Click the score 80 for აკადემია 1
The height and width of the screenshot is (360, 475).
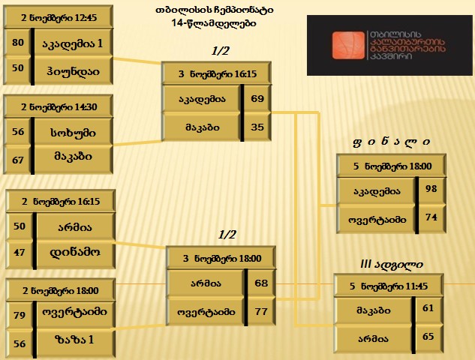click(18, 42)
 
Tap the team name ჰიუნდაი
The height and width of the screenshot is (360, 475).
click(73, 71)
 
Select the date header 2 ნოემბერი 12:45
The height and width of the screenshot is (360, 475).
click(59, 17)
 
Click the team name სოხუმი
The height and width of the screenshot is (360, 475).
click(73, 133)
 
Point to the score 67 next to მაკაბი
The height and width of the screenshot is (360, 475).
click(18, 160)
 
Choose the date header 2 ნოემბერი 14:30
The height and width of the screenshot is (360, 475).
click(59, 107)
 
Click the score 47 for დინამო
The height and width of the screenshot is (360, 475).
click(19, 252)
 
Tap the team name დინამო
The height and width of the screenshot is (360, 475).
click(75, 252)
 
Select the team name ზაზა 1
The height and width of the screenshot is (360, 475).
click(74, 340)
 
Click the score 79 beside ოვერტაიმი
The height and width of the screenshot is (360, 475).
click(19, 315)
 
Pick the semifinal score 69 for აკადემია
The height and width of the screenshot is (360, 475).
click(257, 98)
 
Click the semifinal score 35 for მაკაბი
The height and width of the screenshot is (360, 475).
click(257, 127)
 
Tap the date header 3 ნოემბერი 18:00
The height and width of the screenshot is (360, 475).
click(222, 258)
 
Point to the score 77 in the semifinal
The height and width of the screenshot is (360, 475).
click(261, 311)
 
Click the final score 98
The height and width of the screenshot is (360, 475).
click(431, 189)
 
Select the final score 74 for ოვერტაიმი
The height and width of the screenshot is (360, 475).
click(431, 217)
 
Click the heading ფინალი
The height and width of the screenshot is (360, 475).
click(391, 142)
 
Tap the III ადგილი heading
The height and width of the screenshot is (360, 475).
click(392, 264)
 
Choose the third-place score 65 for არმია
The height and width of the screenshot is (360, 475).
click(428, 337)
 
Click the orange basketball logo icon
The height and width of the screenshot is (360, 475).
click(348, 45)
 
